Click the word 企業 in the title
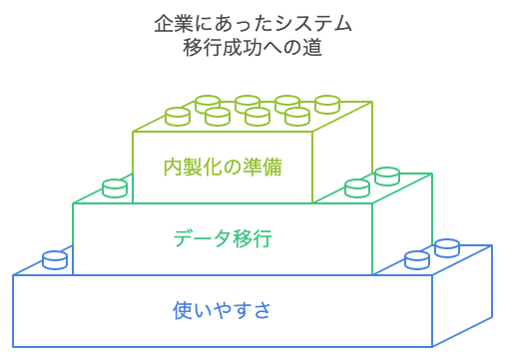click(x=174, y=24)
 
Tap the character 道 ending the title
click(x=312, y=48)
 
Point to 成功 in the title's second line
click(x=243, y=48)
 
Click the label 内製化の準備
click(x=223, y=167)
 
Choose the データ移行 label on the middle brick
click(x=223, y=238)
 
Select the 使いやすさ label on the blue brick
click(x=222, y=310)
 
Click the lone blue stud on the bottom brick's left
click(x=55, y=259)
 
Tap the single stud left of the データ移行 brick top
click(x=115, y=188)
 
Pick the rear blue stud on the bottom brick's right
click(x=447, y=247)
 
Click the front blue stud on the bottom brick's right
click(x=417, y=260)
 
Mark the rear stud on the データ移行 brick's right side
click(x=387, y=177)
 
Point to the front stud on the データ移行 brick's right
click(x=357, y=188)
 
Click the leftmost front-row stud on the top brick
click(x=178, y=117)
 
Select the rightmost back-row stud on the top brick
click(x=327, y=105)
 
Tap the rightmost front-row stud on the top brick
click(x=297, y=117)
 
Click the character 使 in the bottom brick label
click(x=183, y=310)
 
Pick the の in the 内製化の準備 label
click(x=233, y=167)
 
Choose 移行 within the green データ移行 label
click(x=252, y=238)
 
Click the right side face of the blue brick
click(x=462, y=296)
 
